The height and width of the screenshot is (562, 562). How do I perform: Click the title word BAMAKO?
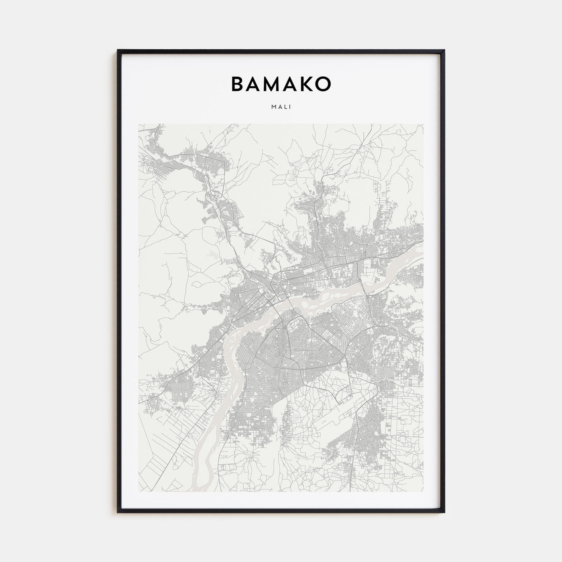[281, 83]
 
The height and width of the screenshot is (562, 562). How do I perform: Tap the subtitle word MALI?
[281, 107]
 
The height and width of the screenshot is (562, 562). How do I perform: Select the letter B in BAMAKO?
[237, 83]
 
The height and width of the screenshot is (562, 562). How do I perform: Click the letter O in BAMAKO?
[324, 83]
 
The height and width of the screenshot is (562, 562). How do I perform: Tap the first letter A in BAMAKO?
[254, 83]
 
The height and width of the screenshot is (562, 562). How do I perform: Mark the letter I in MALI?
[290, 107]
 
